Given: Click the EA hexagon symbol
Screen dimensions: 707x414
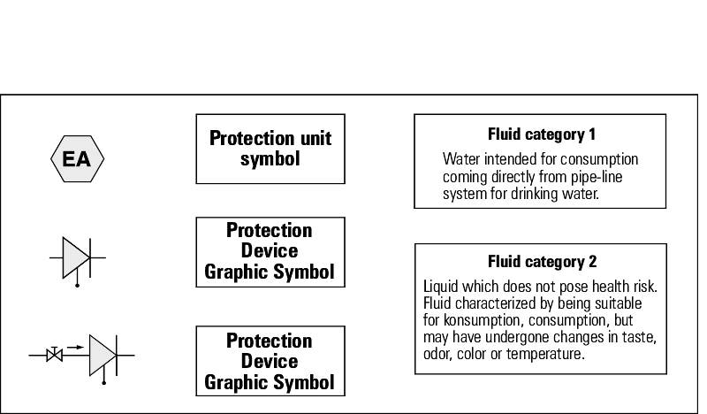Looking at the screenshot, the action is [x=77, y=159].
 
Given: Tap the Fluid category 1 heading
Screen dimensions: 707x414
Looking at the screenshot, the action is [x=542, y=134].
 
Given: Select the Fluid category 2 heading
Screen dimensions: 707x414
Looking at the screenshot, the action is [x=542, y=261].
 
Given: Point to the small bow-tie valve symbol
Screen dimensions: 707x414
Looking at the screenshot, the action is [x=55, y=355].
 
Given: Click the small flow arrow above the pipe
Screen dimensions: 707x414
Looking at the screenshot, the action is [x=75, y=347].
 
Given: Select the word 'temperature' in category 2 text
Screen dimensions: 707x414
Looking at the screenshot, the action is [x=545, y=354].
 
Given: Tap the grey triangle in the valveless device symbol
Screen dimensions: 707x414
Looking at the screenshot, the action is [x=76, y=257].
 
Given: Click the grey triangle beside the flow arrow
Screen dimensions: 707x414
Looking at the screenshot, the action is [x=103, y=355].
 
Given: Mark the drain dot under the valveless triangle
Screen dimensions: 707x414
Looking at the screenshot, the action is [x=77, y=286].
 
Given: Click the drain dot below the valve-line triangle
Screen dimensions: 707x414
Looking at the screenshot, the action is [x=104, y=383].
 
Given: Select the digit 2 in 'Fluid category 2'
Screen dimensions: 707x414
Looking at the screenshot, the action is [x=592, y=261].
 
